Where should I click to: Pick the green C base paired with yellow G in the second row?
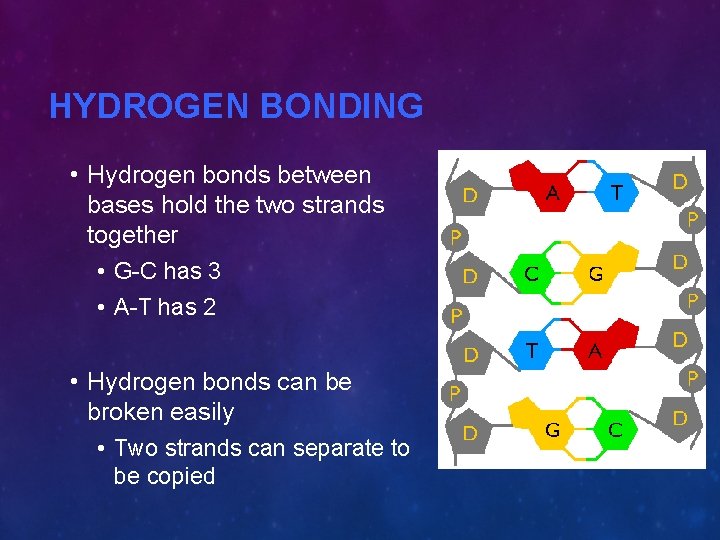coord(534,271)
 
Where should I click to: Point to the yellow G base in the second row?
coord(596,273)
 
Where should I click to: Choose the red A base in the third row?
coord(596,351)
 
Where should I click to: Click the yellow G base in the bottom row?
coord(551,429)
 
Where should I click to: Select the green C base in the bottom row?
coord(616,430)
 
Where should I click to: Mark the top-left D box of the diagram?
coord(469,193)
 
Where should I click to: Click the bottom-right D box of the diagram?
coord(680,417)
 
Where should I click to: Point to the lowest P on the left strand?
coord(455,393)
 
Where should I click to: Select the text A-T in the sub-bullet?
coord(134,307)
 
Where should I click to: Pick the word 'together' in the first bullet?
coord(132,235)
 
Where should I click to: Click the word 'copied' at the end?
coord(182,476)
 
